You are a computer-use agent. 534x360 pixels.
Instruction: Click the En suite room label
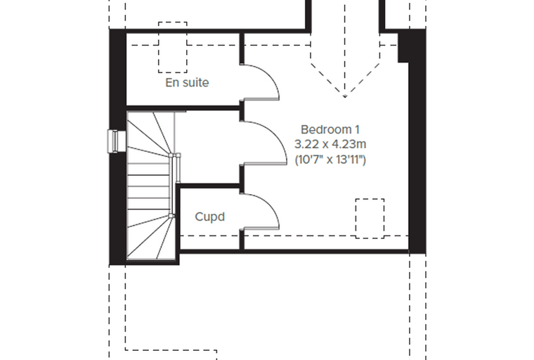[187, 82]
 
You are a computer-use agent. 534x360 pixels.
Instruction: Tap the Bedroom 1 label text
[330, 129]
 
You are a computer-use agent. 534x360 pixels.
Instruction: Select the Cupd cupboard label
[210, 217]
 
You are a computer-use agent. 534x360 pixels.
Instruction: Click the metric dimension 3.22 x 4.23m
[330, 144]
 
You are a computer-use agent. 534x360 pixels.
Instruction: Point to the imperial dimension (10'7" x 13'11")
[330, 160]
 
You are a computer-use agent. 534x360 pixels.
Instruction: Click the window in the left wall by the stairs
[112, 141]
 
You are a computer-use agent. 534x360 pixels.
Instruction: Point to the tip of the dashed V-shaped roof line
[345, 97]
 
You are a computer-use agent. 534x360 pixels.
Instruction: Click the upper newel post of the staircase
[171, 155]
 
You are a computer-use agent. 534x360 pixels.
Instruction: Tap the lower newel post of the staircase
[171, 215]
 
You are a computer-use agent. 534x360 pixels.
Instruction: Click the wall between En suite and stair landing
[183, 108]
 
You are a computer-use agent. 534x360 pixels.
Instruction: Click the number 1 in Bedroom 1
[357, 129]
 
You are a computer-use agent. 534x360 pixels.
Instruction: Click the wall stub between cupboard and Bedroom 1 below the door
[242, 240]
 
